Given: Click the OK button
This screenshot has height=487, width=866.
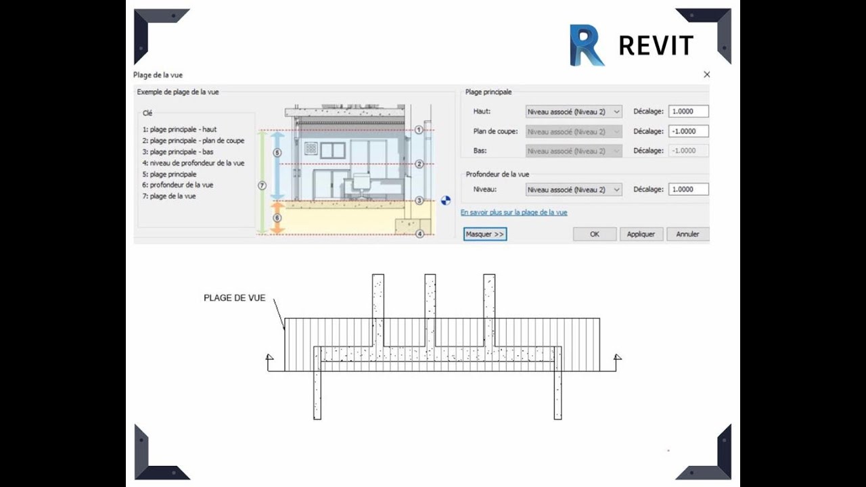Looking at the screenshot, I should pos(595,234).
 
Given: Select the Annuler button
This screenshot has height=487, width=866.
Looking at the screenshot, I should pos(687,234).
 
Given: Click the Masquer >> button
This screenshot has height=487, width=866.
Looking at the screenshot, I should pos(485,234).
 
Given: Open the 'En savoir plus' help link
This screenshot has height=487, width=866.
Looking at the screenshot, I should pos(514,212).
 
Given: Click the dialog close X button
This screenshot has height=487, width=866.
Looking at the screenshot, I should pos(707,74).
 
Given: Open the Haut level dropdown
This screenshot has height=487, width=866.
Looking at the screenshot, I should pos(574,112).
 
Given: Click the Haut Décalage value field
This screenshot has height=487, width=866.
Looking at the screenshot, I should pos(688,112).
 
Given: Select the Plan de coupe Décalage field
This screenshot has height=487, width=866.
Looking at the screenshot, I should pos(688,131).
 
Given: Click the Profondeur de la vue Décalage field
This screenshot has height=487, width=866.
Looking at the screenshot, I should pos(688,189).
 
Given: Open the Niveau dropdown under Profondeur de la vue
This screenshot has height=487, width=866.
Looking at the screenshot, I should pos(574,189).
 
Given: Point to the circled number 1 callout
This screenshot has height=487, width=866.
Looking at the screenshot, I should pos(419,129).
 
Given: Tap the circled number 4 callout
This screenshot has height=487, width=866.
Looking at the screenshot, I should pos(419,234).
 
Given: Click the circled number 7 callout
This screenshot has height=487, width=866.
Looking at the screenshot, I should pos(263,185).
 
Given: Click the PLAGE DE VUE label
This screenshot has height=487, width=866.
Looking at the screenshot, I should pos(235,298).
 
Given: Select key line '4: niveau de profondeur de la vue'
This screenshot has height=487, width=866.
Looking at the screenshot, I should pos(193,163).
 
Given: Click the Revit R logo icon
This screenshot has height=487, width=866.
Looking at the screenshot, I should pos(586,45).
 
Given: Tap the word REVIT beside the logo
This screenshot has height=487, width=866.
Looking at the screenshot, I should pos(656,46).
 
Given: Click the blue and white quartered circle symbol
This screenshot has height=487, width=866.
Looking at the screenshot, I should pos(446,200).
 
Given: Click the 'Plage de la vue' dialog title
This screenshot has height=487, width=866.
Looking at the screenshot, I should pos(158,75).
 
